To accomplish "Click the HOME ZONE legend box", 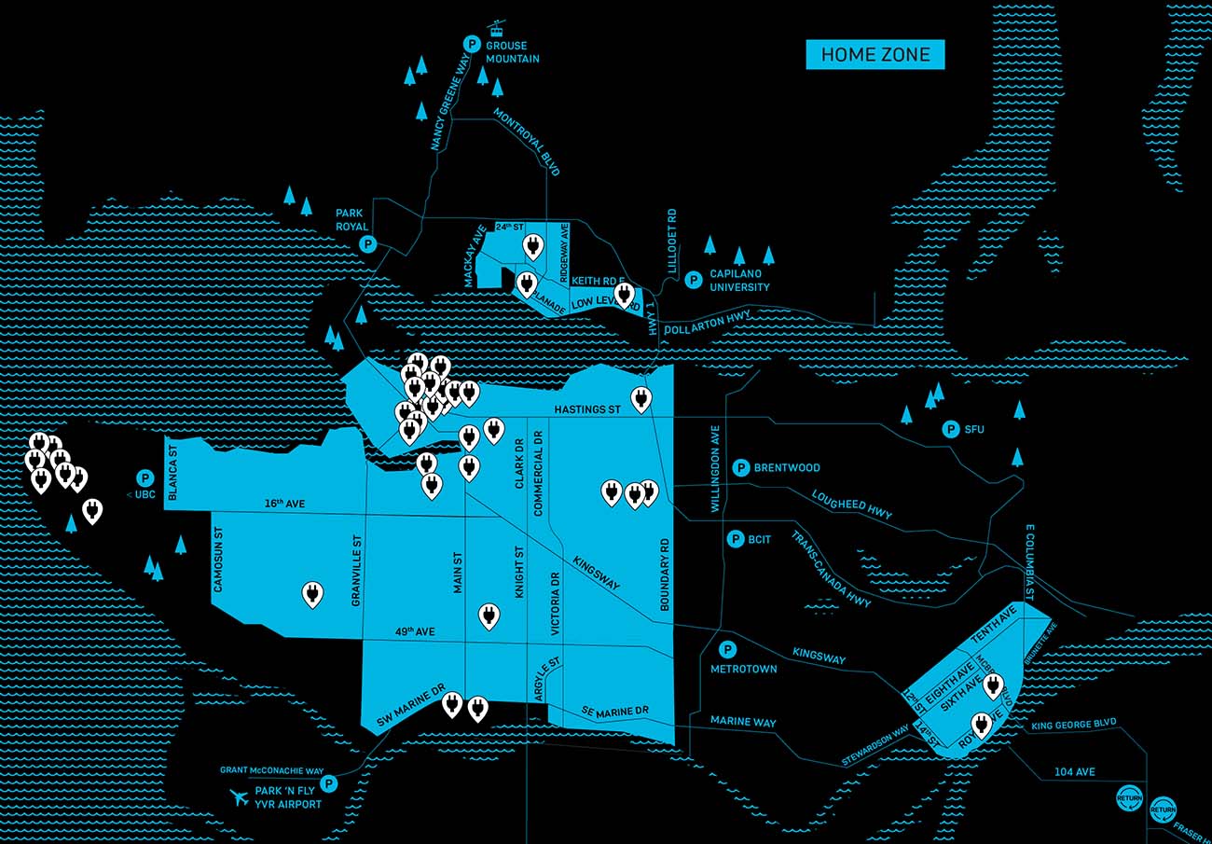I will point(875,55).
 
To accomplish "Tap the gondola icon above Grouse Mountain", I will point(496,28).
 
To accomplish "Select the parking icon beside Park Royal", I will point(367,245).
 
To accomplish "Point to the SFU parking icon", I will point(951,429).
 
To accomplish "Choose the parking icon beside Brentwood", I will point(741,467).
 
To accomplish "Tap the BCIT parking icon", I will point(735,539).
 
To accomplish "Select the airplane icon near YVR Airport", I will point(241,797).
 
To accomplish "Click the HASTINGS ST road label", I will point(586,409).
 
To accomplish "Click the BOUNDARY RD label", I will point(666,574).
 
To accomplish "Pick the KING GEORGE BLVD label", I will point(1074,724).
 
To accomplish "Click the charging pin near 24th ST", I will point(532,246).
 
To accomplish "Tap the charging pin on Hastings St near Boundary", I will point(640,398).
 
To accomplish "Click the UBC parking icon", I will point(145,477).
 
